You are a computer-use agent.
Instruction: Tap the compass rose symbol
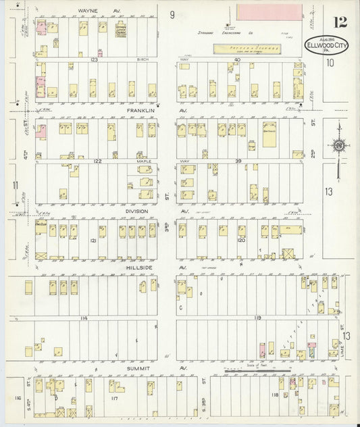(x=337, y=145)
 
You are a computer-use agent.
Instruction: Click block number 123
(x=95, y=60)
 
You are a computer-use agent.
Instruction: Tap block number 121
(x=93, y=240)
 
